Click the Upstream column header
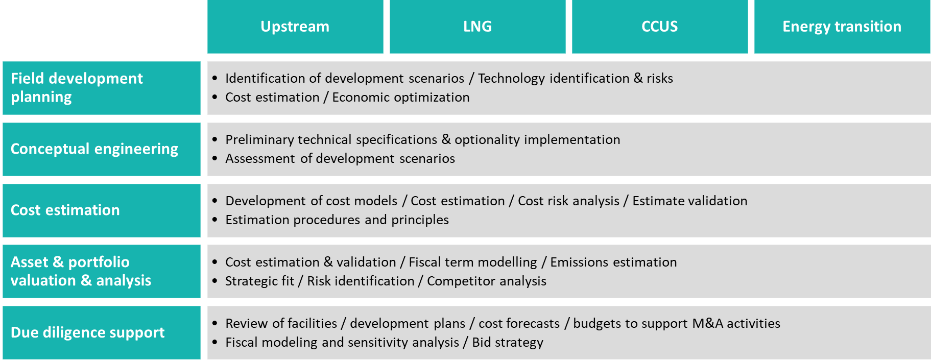(295, 27)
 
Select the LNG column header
(478, 27)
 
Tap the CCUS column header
(660, 27)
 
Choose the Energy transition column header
(842, 27)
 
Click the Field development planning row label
(102, 88)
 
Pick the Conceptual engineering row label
(102, 149)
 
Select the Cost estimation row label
(102, 210)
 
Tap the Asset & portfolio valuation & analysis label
(102, 271)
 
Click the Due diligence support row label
(102, 332)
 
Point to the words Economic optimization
(401, 98)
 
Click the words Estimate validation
(690, 201)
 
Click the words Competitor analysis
(487, 281)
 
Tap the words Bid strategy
(508, 343)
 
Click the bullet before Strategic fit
(215, 281)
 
